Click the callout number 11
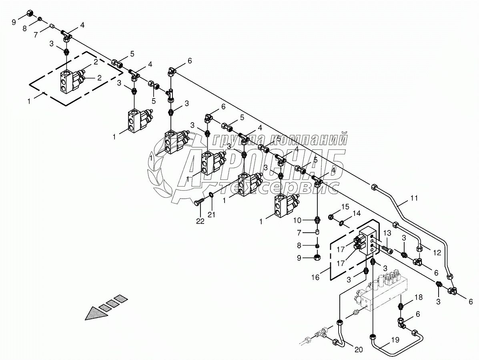[x=413, y=198]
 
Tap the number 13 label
[x=387, y=233]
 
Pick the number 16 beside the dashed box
[x=315, y=277]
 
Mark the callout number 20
[x=358, y=350]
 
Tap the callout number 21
[x=211, y=215]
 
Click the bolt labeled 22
[x=198, y=203]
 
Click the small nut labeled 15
[x=331, y=217]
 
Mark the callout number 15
[x=345, y=207]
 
